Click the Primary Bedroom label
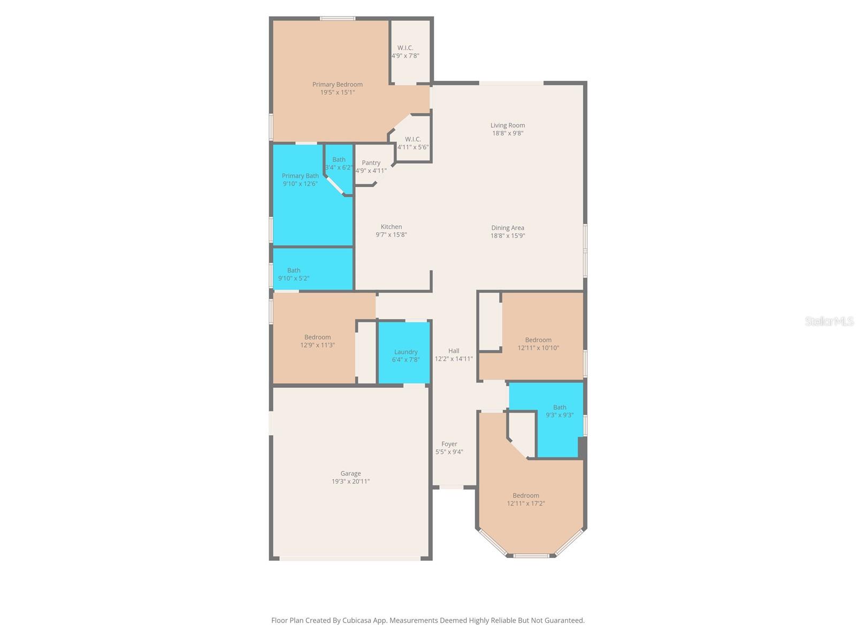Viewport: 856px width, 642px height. (337, 85)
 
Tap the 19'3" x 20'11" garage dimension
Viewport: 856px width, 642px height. (350, 481)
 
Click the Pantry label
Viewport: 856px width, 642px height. (371, 163)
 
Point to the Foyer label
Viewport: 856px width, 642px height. (449, 444)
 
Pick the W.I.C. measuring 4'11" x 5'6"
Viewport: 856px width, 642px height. (412, 143)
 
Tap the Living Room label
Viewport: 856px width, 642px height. (507, 125)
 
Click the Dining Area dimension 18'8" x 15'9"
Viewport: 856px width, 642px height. (507, 236)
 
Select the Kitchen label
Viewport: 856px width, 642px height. (391, 227)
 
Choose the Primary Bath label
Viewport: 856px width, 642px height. (300, 176)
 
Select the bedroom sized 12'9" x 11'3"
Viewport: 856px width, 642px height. (317, 341)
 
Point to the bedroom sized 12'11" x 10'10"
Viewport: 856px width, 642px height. (538, 343)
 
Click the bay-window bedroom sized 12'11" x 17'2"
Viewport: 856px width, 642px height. (525, 499)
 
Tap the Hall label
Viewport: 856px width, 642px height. (453, 351)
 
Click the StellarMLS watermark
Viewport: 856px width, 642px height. (829, 321)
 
